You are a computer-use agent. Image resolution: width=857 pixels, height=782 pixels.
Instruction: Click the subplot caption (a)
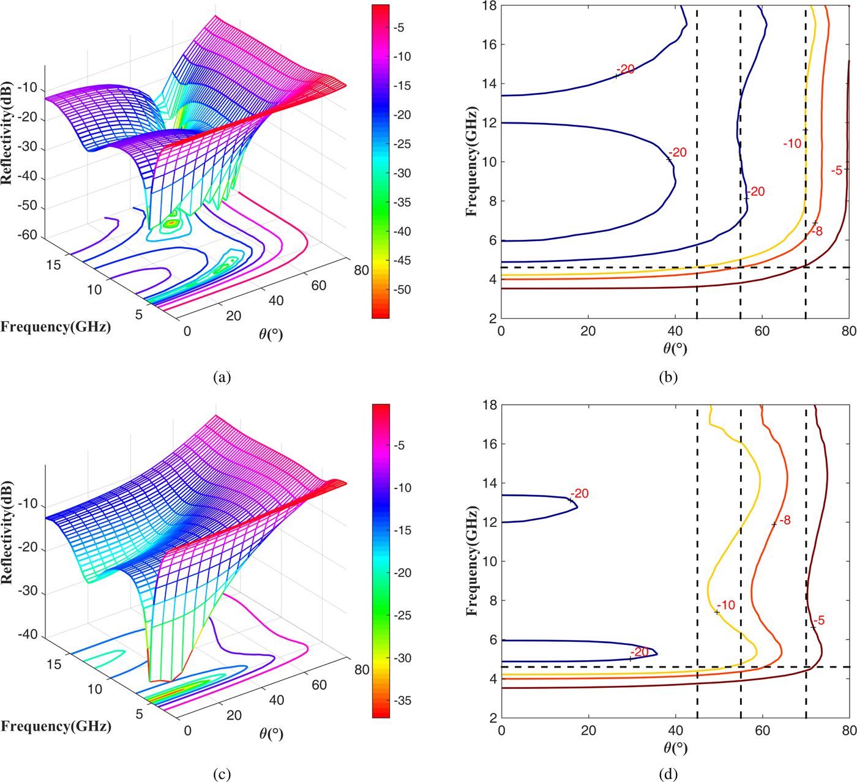(x=222, y=378)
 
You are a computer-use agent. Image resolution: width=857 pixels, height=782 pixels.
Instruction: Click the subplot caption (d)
(x=668, y=775)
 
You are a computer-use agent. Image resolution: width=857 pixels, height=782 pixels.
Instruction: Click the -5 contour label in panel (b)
(x=837, y=171)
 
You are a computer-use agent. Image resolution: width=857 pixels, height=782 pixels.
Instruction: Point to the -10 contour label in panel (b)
(x=792, y=144)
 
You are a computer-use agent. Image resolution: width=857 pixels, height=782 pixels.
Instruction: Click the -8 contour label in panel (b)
(x=817, y=231)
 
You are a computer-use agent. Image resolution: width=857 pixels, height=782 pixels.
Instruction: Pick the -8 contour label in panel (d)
(x=785, y=521)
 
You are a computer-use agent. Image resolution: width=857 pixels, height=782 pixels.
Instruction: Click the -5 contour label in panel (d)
(x=819, y=620)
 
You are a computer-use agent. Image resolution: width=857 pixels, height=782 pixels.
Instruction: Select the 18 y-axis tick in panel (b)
(x=490, y=6)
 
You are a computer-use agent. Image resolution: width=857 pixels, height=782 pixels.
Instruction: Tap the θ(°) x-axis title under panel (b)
(x=675, y=349)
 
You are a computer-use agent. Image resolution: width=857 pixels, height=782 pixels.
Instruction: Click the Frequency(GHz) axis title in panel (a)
(x=56, y=327)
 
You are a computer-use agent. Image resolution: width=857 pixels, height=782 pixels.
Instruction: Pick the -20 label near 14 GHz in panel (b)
(x=626, y=70)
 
